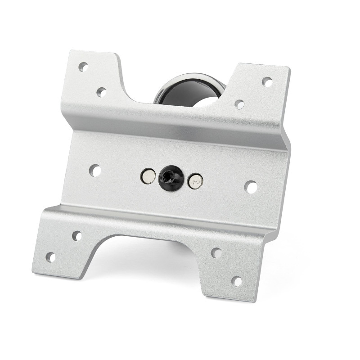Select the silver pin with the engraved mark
[195, 181]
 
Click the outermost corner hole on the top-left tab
[83, 67]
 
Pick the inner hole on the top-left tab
[101, 92]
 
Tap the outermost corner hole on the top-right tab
[267, 82]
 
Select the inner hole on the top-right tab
[239, 104]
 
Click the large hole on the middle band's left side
[95, 170]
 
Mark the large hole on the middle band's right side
[251, 187]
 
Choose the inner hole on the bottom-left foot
[77, 235]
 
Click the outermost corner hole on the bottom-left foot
[51, 257]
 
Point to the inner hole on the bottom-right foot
[216, 253]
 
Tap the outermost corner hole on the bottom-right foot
[237, 281]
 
